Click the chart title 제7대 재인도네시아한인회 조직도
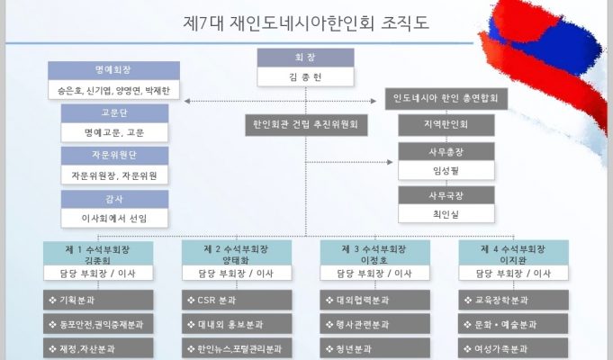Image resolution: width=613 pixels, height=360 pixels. click(x=306, y=23)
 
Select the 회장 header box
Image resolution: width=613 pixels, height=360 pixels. click(x=306, y=58)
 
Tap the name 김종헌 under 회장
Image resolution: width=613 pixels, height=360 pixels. click(x=306, y=77)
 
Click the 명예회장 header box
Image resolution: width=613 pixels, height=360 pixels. click(x=113, y=71)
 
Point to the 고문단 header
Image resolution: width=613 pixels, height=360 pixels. click(x=114, y=113)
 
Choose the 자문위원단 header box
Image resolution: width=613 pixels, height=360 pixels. click(x=114, y=156)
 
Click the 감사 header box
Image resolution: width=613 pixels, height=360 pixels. click(x=114, y=199)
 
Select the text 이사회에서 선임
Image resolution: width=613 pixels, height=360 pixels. click(x=114, y=219)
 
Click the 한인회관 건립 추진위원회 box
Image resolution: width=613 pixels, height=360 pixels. click(x=306, y=125)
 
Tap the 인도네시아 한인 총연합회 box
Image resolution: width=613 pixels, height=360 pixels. click(x=446, y=98)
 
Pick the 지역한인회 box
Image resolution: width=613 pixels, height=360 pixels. click(x=446, y=125)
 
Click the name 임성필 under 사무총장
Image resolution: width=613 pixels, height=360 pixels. click(x=446, y=171)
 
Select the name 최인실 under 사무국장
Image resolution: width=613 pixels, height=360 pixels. click(x=446, y=214)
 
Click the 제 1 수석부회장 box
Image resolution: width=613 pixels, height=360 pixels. click(x=98, y=254)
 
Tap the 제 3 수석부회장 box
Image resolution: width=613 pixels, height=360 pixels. click(x=375, y=254)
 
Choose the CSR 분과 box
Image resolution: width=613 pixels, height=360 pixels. click(x=237, y=301)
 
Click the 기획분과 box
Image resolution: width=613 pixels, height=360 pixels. click(x=98, y=301)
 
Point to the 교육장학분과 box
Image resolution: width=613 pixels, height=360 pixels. click(x=513, y=301)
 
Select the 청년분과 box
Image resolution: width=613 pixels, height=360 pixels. click(x=375, y=348)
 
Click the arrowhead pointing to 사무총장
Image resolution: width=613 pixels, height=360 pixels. click(x=390, y=162)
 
